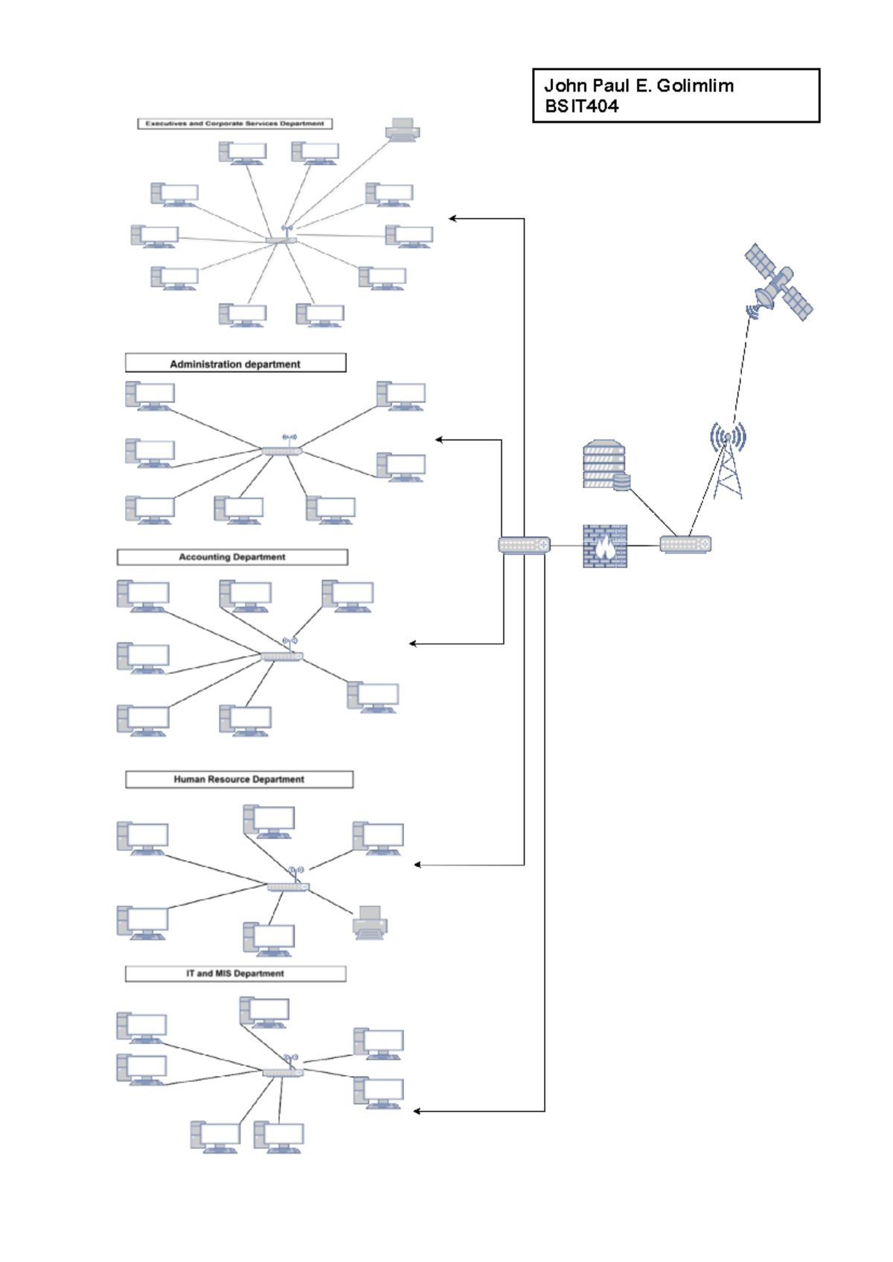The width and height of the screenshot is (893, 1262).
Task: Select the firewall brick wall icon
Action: click(604, 546)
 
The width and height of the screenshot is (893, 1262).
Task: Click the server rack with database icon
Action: click(606, 465)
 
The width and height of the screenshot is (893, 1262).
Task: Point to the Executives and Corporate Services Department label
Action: click(235, 124)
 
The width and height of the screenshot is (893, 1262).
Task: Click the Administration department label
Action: click(235, 364)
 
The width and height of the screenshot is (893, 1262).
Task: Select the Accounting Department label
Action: click(232, 557)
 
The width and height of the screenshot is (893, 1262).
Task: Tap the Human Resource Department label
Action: click(239, 779)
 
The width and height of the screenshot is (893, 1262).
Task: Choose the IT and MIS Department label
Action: click(235, 973)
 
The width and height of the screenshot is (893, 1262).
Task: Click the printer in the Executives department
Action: click(403, 130)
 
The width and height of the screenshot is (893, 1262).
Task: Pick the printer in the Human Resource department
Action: click(370, 922)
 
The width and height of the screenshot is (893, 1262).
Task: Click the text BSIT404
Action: click(581, 106)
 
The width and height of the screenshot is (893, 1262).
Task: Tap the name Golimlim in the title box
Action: click(695, 86)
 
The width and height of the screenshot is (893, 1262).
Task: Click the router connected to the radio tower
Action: click(685, 544)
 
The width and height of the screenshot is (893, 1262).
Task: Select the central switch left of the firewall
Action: click(524, 545)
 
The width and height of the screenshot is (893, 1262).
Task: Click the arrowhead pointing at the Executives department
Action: click(452, 219)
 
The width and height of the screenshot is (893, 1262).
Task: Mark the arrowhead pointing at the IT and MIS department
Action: click(417, 1111)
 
